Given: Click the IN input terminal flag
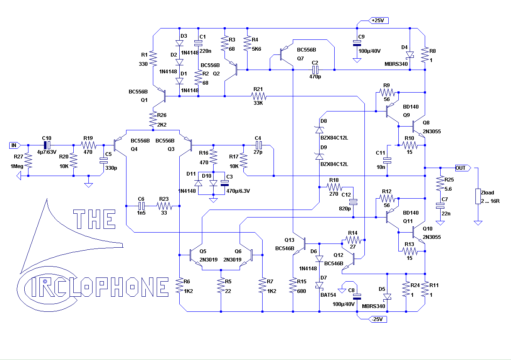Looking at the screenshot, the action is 15,145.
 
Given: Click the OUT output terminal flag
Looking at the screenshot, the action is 463,168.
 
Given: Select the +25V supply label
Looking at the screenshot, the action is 379,21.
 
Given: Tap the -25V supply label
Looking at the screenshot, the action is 377,319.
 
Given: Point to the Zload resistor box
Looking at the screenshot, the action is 478,196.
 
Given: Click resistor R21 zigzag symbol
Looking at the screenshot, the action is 258,96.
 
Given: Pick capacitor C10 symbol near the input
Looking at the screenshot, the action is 47,145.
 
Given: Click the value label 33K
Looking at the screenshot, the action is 258,103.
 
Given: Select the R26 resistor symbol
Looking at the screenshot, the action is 153,119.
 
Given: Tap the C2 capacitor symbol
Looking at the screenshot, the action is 315,70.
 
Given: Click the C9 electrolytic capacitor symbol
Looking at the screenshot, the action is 357,43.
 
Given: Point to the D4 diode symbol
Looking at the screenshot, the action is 410,55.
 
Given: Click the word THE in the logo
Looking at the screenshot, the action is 94,219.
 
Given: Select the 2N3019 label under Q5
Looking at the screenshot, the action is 208,260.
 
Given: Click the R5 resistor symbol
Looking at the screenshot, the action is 221,285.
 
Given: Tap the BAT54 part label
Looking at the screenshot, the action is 328,295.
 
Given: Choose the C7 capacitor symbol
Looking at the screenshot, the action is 440,206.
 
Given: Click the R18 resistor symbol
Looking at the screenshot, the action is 334,187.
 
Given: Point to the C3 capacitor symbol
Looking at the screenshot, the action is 225,183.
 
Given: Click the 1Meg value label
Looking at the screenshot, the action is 17,166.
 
